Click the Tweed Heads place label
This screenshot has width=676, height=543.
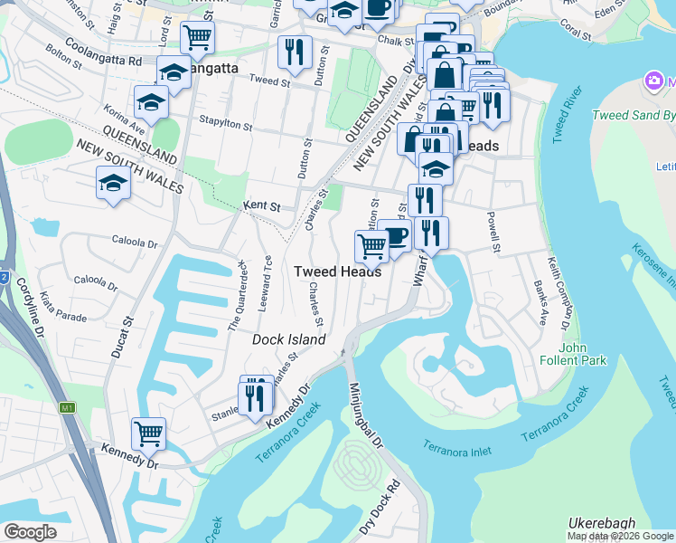[x=337, y=271]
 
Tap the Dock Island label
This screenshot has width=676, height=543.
[x=287, y=339]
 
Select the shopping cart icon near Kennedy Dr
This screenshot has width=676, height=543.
[x=148, y=433]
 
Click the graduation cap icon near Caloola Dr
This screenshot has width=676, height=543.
[x=114, y=183]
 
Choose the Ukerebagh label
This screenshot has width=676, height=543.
[x=603, y=523]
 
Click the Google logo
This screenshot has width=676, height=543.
[x=30, y=532]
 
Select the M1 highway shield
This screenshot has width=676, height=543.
[x=66, y=408]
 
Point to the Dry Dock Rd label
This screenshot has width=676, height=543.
[x=378, y=510]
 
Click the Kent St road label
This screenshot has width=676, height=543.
[x=262, y=207]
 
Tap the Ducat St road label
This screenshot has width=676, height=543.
[x=121, y=337]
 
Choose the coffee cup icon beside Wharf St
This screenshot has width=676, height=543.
[x=394, y=236]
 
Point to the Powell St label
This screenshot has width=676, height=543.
[x=493, y=232]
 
